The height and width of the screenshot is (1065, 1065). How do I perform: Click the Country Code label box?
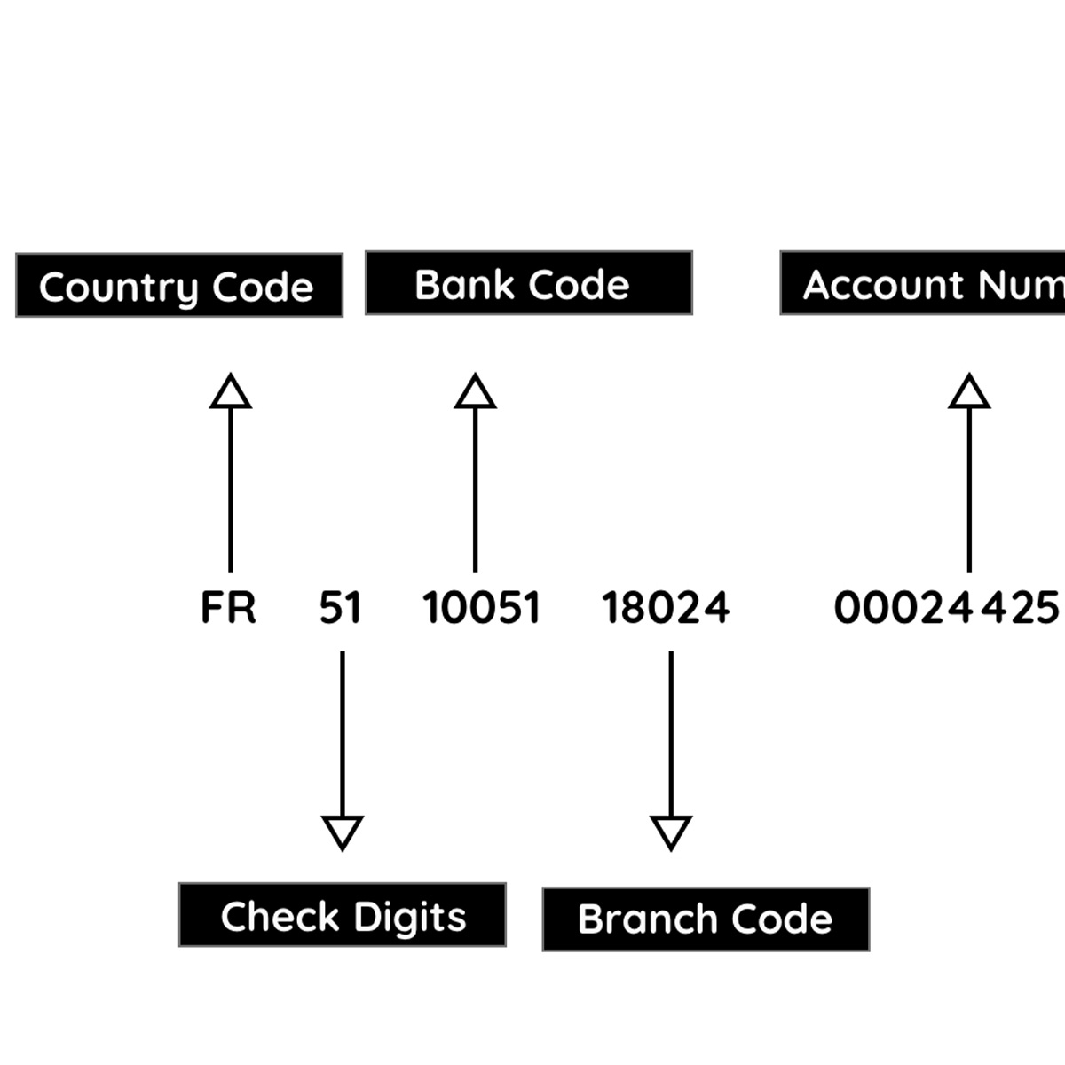tap(179, 285)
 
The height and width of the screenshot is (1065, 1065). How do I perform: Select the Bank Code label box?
tap(528, 283)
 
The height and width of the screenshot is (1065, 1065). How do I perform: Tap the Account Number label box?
tap(923, 283)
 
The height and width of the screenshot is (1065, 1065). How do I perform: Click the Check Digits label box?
tap(343, 915)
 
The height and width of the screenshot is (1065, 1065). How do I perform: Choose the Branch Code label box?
tap(706, 919)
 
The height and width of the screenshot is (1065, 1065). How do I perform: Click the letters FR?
tap(228, 608)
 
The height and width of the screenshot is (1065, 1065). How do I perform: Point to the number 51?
tap(340, 608)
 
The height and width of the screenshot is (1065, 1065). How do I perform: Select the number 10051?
tap(481, 608)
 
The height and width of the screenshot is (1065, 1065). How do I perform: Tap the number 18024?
tap(666, 608)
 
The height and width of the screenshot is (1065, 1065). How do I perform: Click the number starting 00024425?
tap(946, 608)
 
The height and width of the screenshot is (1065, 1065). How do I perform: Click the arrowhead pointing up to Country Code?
tap(231, 393)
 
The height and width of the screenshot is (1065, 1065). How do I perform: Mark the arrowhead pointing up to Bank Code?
tap(475, 393)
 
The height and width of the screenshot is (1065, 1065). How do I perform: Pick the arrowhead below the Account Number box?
tap(969, 393)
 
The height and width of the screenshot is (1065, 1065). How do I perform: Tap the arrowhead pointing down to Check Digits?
tap(343, 832)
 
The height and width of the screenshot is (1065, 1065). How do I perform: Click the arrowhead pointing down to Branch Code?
tap(671, 832)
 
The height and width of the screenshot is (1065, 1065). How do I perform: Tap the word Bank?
tap(465, 285)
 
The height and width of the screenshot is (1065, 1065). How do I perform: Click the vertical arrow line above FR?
tap(231, 488)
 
